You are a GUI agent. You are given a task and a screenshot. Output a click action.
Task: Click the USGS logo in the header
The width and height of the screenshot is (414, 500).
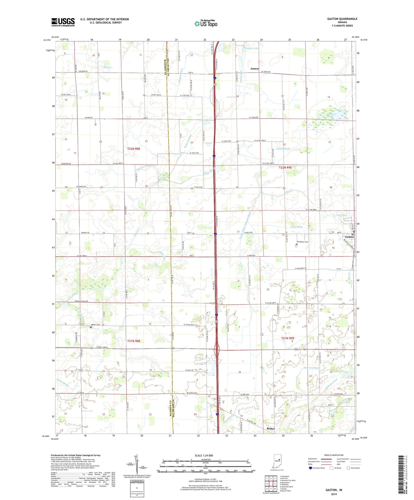click(63, 22)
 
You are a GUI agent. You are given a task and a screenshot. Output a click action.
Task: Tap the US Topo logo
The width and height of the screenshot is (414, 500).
click(206, 23)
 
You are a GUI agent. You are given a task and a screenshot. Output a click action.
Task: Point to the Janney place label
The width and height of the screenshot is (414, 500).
click(255, 69)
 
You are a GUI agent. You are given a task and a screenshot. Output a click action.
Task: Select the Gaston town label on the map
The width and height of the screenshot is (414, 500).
click(349, 237)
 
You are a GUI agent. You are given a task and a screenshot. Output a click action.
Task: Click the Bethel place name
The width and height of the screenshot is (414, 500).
click(270, 429)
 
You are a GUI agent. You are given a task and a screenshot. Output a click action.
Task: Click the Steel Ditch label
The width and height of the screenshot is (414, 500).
click(297, 227)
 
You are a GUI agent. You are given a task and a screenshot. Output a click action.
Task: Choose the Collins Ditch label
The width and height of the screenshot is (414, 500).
click(283, 149)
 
